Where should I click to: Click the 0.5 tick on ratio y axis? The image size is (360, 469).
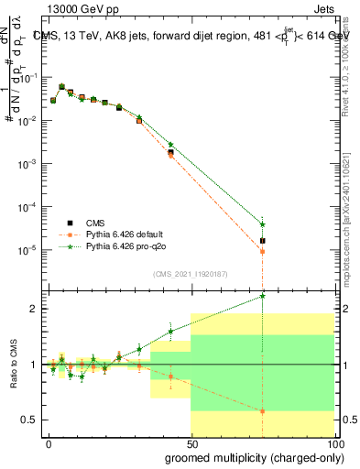(x=29, y=420)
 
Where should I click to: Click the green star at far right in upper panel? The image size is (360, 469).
(x=263, y=224)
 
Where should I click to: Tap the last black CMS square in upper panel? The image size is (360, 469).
(x=263, y=241)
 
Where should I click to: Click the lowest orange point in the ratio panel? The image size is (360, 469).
(x=263, y=411)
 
